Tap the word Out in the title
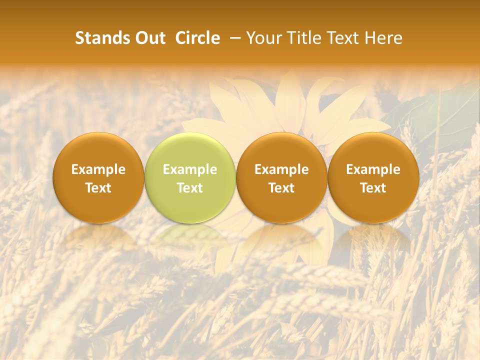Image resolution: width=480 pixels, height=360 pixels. (x=149, y=38)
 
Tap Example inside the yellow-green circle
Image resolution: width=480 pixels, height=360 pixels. (x=190, y=169)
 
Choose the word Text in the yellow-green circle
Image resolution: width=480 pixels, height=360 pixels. (x=190, y=188)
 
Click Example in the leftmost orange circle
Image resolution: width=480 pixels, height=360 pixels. (x=98, y=169)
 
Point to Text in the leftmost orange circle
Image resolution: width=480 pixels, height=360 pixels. (x=98, y=188)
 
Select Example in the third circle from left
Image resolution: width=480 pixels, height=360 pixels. (x=281, y=169)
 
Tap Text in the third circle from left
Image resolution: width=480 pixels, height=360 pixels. (x=281, y=188)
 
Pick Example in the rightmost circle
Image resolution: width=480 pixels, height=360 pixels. (x=373, y=169)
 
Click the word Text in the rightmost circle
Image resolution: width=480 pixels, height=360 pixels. (x=373, y=188)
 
